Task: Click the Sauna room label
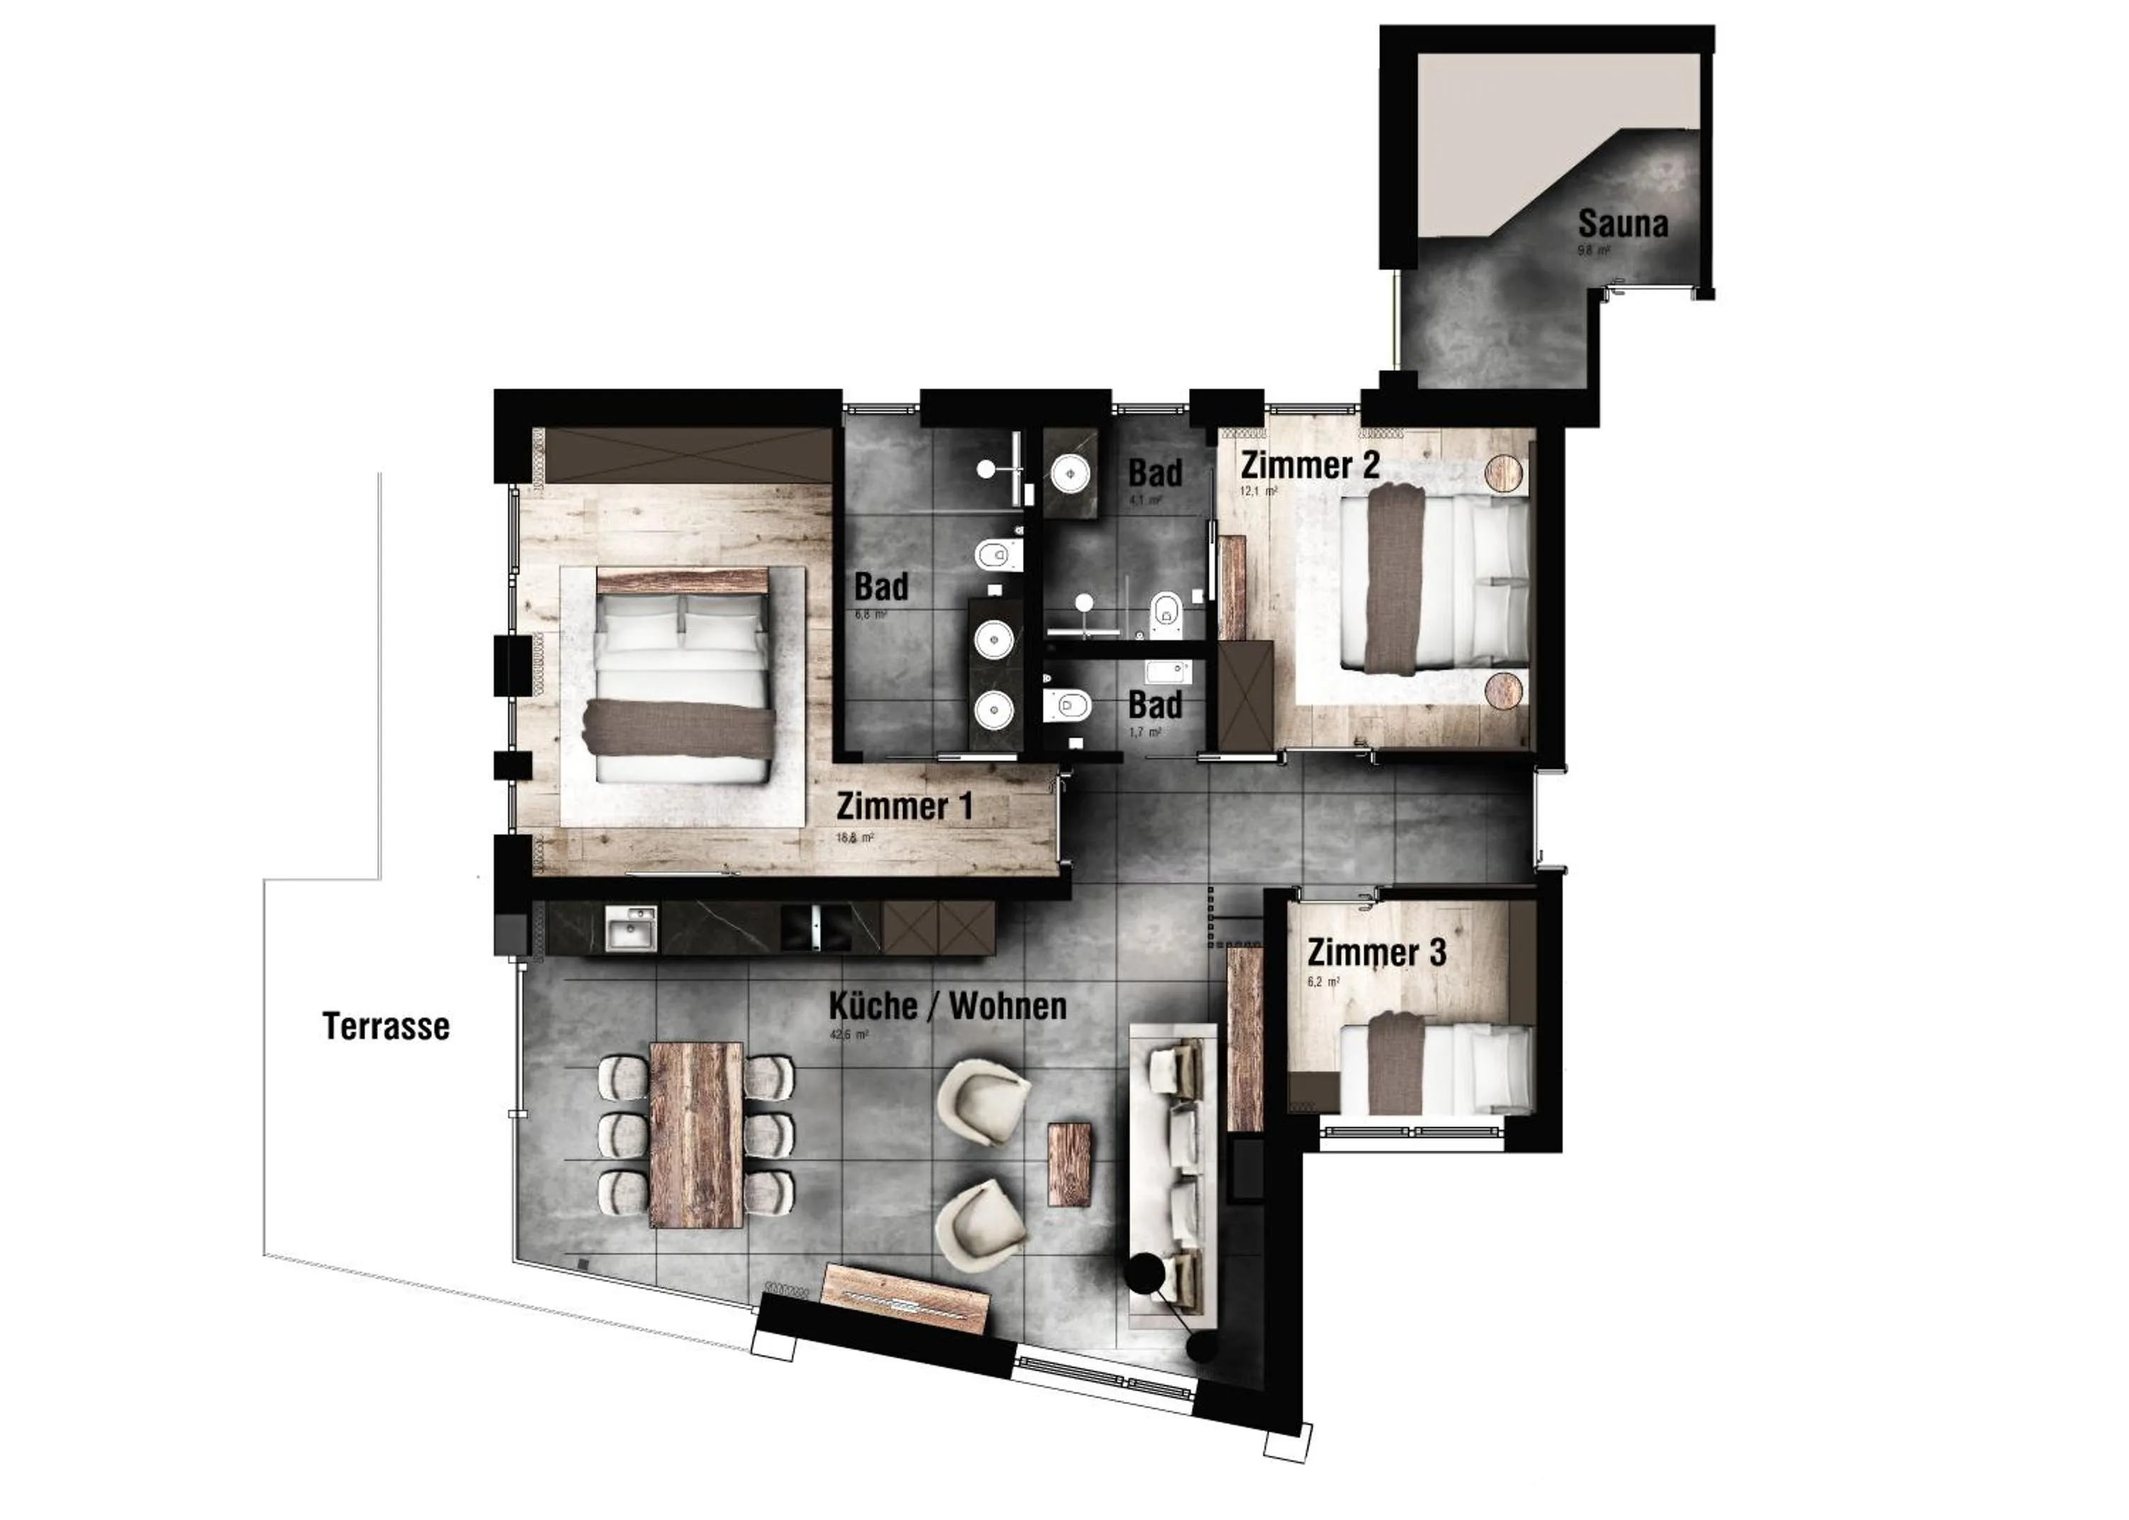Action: [x=1622, y=224]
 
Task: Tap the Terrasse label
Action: [x=385, y=1027]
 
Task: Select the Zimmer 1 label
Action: [x=904, y=806]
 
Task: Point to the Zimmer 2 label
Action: [x=1309, y=466]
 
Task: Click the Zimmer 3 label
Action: [x=1375, y=953]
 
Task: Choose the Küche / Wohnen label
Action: [x=947, y=1006]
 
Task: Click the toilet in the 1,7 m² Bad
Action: [x=1067, y=705]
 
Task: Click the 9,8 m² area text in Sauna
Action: [x=1592, y=250]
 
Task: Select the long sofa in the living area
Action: [x=1174, y=1174]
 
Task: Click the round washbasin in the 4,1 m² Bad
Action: [x=1068, y=473]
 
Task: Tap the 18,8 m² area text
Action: [x=854, y=837]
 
